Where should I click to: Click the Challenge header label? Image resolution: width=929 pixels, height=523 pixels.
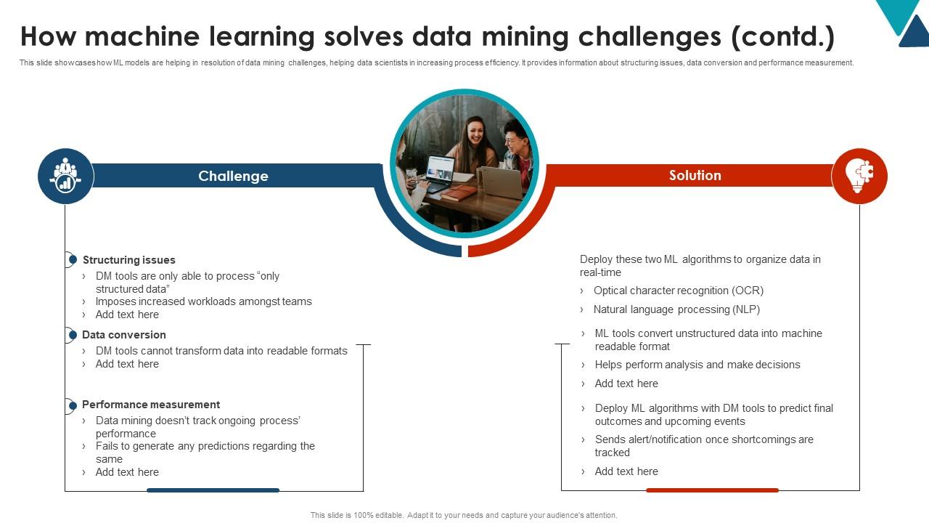coord(233,177)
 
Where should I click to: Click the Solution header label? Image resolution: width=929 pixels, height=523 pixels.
coord(695,176)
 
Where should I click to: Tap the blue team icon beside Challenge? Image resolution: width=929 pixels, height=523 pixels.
coord(65,176)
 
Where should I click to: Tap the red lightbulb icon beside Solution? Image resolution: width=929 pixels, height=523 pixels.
coord(859,176)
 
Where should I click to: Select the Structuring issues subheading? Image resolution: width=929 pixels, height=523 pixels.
coord(128,260)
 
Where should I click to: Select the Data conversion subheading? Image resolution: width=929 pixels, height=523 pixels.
coord(123,335)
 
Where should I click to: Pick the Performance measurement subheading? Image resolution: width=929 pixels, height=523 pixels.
coord(150,405)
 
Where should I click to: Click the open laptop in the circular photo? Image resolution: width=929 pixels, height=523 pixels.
coord(438,171)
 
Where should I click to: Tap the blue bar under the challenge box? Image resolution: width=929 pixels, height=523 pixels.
coord(213,490)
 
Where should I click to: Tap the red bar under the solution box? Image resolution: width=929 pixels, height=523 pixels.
coord(712,490)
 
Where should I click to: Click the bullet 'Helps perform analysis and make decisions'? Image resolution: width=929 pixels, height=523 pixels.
coord(697,365)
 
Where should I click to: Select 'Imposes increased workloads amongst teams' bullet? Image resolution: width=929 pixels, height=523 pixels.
coord(203,301)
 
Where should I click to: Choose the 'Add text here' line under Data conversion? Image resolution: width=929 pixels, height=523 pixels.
coord(127,364)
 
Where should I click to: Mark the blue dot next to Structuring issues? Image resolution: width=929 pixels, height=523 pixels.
coord(71,259)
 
